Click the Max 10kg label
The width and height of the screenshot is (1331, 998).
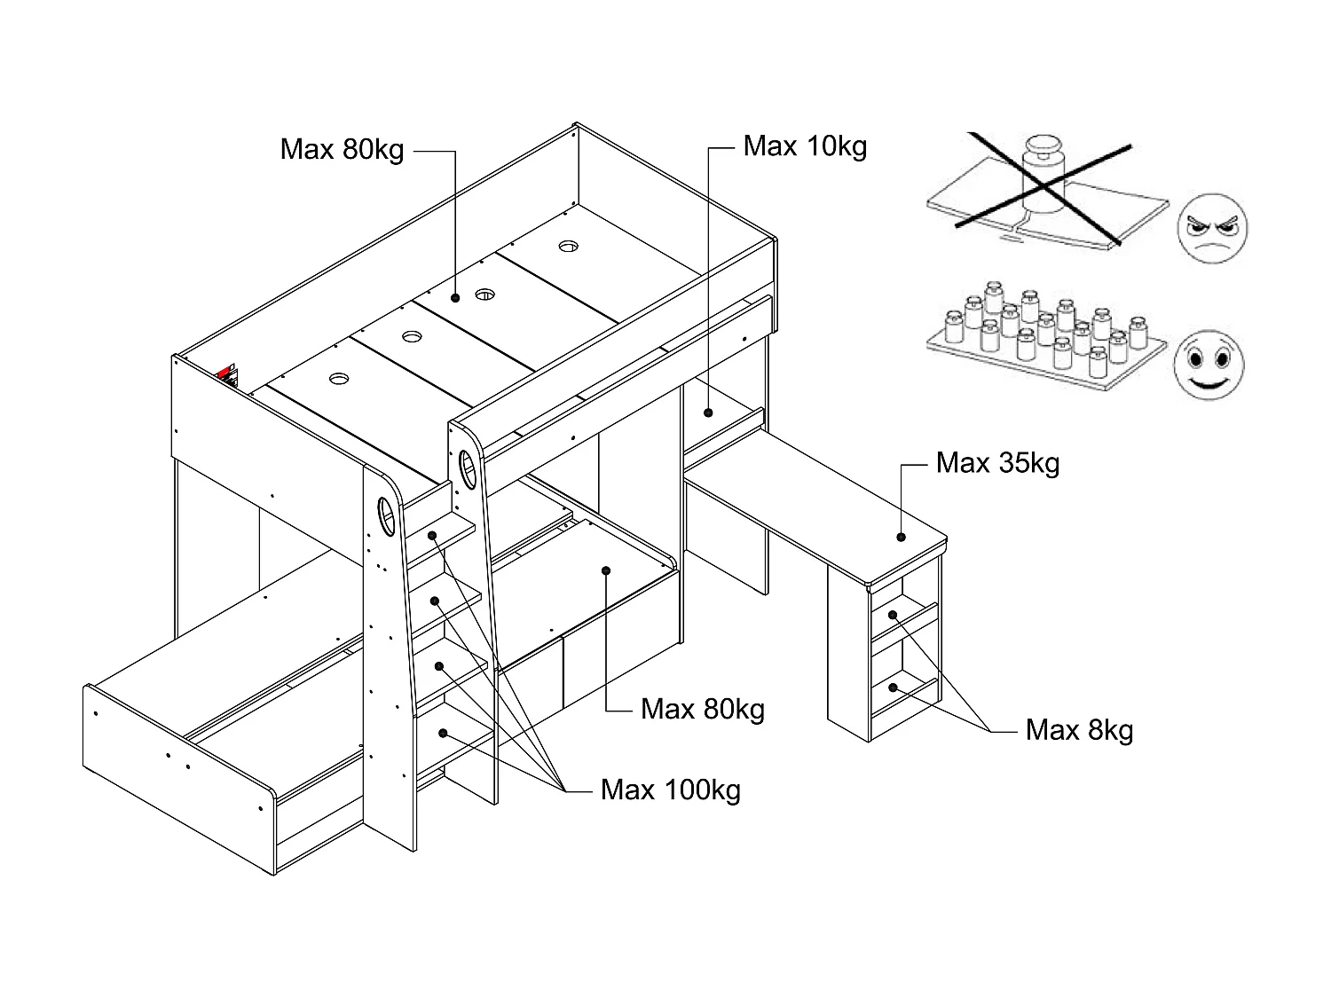click(x=805, y=146)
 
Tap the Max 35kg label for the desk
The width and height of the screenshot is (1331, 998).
click(x=997, y=463)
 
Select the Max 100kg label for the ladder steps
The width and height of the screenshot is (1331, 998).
click(x=670, y=790)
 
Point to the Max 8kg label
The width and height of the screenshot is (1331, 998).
click(x=1079, y=730)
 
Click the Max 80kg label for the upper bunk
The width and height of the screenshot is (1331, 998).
click(x=342, y=149)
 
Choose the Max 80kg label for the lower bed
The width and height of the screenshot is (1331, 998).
click(x=702, y=710)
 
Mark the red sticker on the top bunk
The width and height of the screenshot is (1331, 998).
click(x=226, y=372)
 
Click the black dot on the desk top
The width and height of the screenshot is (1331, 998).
click(x=901, y=536)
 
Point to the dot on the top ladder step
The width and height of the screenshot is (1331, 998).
click(x=434, y=535)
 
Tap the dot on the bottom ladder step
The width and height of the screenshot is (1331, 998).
click(x=442, y=733)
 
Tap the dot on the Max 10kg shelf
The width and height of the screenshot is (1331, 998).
click(x=709, y=412)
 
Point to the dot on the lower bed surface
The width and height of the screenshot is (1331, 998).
click(x=605, y=570)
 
